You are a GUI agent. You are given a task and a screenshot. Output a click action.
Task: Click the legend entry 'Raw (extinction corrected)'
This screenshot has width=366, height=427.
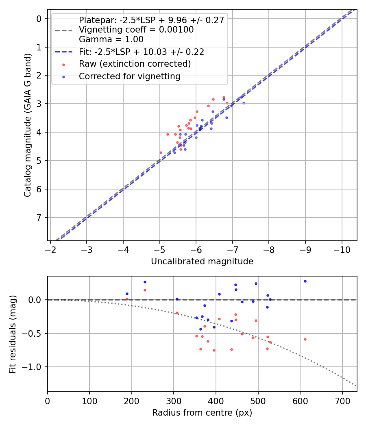pos(135,64)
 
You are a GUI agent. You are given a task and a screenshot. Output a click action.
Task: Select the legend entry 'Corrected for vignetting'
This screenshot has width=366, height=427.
pos(129,76)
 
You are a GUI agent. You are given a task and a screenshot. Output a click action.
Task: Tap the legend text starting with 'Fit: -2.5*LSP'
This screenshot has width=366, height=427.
pos(141,52)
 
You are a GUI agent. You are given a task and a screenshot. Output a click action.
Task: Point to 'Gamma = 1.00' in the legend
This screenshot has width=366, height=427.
pos(111,39)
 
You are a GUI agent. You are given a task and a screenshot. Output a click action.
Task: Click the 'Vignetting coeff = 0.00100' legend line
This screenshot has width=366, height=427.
pos(136,30)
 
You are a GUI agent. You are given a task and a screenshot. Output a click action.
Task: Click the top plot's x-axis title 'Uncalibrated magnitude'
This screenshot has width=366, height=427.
pos(202,261)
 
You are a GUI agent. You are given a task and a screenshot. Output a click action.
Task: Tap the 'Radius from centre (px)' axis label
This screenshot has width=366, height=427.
pos(202,413)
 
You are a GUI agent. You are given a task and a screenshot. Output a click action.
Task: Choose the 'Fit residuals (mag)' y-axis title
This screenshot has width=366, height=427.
pos(13,334)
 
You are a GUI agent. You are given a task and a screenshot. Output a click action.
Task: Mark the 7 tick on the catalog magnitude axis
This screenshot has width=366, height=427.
pos(39,218)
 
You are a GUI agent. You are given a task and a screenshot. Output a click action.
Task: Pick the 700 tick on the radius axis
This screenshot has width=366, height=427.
pos(342,401)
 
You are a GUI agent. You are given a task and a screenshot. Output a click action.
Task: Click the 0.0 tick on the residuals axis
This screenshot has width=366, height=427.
pos(37,300)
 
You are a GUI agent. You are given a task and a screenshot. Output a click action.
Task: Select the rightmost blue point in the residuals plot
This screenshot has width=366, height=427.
pos(305,281)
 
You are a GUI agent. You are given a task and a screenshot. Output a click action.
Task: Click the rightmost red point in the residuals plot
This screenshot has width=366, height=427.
pos(305,339)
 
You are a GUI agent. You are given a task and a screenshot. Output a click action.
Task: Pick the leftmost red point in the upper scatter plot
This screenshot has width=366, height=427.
pos(161,152)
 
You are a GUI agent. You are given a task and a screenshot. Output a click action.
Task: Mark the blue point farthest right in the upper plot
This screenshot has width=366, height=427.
pos(244,103)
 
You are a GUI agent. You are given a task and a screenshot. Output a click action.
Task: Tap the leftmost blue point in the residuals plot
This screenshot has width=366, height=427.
pos(127,294)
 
